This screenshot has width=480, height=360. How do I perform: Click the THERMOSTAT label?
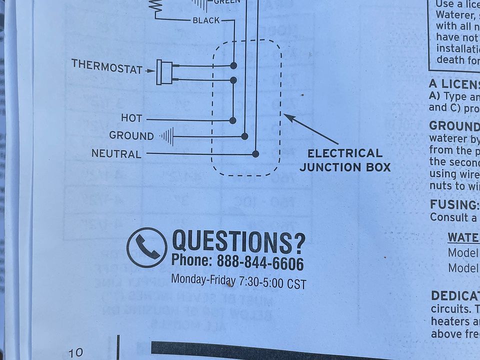(x=107, y=66)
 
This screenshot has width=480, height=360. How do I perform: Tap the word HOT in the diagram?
(x=131, y=118)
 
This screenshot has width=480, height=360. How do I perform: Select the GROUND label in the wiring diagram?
(x=131, y=136)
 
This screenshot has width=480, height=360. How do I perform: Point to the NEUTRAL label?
(x=116, y=154)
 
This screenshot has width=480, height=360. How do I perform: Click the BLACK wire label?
(x=206, y=20)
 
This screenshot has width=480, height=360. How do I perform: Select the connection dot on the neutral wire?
(x=255, y=154)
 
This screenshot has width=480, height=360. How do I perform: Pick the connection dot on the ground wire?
(x=244, y=136)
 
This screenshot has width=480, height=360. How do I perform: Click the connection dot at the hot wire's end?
(x=232, y=120)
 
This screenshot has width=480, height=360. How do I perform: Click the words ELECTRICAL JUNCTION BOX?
(x=345, y=160)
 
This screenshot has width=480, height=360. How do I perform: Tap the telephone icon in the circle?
(x=146, y=247)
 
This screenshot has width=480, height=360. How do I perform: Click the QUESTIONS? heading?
(x=238, y=241)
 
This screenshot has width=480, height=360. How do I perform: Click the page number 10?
(x=75, y=352)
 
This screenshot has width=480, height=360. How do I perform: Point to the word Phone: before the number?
(x=191, y=260)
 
